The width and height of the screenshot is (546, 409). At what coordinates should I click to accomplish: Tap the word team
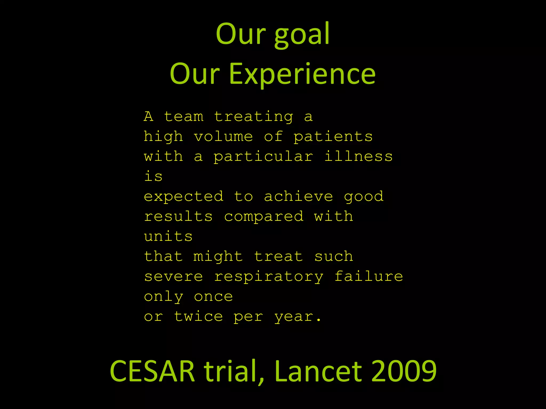[184, 117]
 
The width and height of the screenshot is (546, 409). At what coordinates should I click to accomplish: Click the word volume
[223, 137]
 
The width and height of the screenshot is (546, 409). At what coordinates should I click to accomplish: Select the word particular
[263, 157]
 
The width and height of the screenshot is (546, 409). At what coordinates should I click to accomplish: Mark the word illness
[358, 156]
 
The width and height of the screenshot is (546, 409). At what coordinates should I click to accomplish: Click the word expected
[184, 197]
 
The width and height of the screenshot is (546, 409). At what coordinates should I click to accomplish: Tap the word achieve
[298, 197]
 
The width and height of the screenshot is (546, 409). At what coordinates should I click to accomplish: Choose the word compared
[264, 217]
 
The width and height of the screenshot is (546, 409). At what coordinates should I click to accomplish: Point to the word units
[168, 236]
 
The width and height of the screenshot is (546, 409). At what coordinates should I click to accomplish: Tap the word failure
[369, 276]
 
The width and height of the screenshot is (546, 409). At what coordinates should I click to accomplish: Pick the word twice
[198, 316]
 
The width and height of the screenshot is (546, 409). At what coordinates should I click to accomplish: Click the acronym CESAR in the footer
[152, 371]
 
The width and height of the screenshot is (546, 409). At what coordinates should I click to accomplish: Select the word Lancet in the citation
[319, 371]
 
